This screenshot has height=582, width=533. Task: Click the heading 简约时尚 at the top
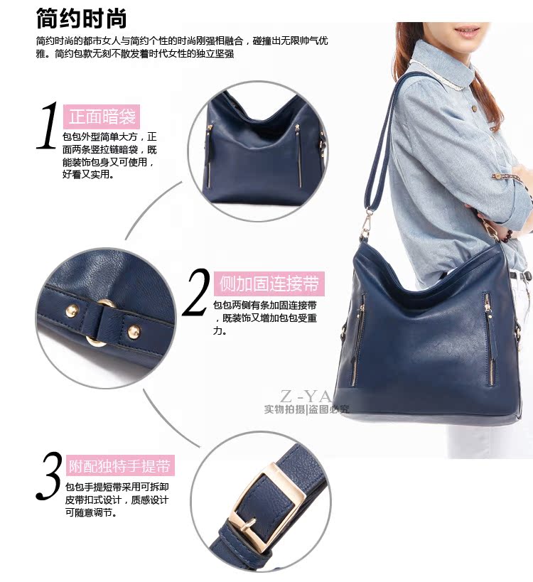click(x=81, y=18)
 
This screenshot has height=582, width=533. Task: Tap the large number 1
click(x=48, y=126)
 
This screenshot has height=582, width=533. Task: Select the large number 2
click(x=196, y=292)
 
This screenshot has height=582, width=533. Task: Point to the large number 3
click(x=49, y=476)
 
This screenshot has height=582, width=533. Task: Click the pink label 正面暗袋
click(x=102, y=117)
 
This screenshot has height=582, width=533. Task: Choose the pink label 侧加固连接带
click(x=269, y=284)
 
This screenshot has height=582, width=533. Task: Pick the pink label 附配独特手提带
click(x=120, y=465)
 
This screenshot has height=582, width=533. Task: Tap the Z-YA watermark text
click(x=305, y=397)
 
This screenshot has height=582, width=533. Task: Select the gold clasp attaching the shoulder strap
click(x=366, y=224)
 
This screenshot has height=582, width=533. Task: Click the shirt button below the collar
click(x=474, y=108)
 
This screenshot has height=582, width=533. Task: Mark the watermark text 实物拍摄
click(x=284, y=409)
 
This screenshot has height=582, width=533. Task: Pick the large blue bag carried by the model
click(x=427, y=334)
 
